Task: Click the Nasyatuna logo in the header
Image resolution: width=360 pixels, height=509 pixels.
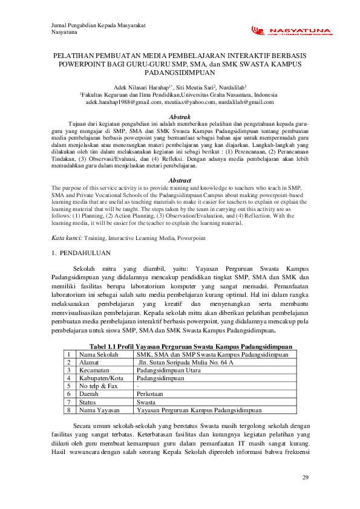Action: (x=291, y=31)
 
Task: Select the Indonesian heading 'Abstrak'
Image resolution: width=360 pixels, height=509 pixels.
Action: (x=180, y=116)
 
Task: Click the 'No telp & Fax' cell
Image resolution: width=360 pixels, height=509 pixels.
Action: (x=99, y=386)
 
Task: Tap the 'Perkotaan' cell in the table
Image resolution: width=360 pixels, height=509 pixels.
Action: (x=151, y=394)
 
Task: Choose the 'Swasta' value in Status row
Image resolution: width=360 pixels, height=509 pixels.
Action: (x=147, y=401)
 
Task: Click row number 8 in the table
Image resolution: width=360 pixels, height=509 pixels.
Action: (x=70, y=409)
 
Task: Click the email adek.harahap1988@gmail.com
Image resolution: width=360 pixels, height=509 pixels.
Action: (x=119, y=103)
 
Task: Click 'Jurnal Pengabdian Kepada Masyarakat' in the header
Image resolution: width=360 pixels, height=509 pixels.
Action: (x=99, y=25)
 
